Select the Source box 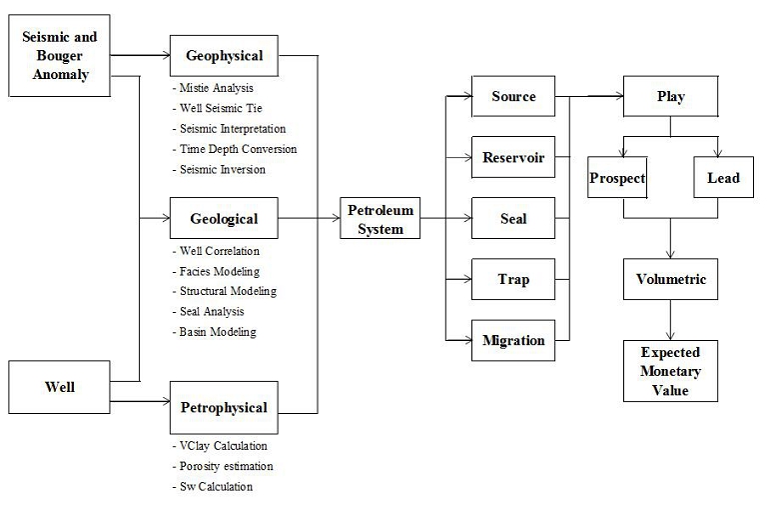(513, 97)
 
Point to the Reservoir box (513, 158)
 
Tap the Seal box (513, 218)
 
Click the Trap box (513, 279)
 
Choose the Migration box (513, 340)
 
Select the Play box (670, 97)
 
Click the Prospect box (616, 178)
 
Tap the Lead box (724, 178)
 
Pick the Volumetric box (670, 279)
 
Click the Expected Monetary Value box (670, 371)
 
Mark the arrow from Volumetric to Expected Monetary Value (670, 321)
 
